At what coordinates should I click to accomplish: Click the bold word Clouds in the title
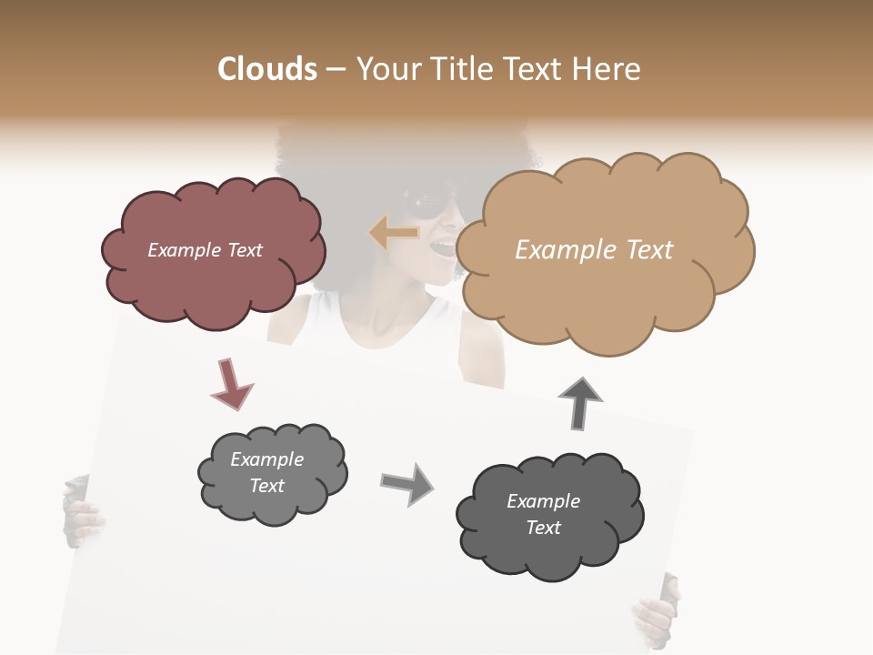click(267, 69)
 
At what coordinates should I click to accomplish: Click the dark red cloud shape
click(213, 251)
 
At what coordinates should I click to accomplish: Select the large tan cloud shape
click(604, 251)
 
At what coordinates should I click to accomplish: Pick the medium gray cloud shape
click(272, 473)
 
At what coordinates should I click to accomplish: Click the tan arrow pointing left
click(393, 233)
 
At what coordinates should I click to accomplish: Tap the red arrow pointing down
click(231, 383)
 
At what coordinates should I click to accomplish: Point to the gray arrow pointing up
click(581, 401)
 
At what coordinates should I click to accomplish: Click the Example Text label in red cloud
click(205, 250)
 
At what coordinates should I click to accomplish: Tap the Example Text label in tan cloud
click(594, 250)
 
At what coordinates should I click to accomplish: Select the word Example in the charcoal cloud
click(543, 501)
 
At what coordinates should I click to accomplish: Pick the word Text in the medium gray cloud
click(267, 486)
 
